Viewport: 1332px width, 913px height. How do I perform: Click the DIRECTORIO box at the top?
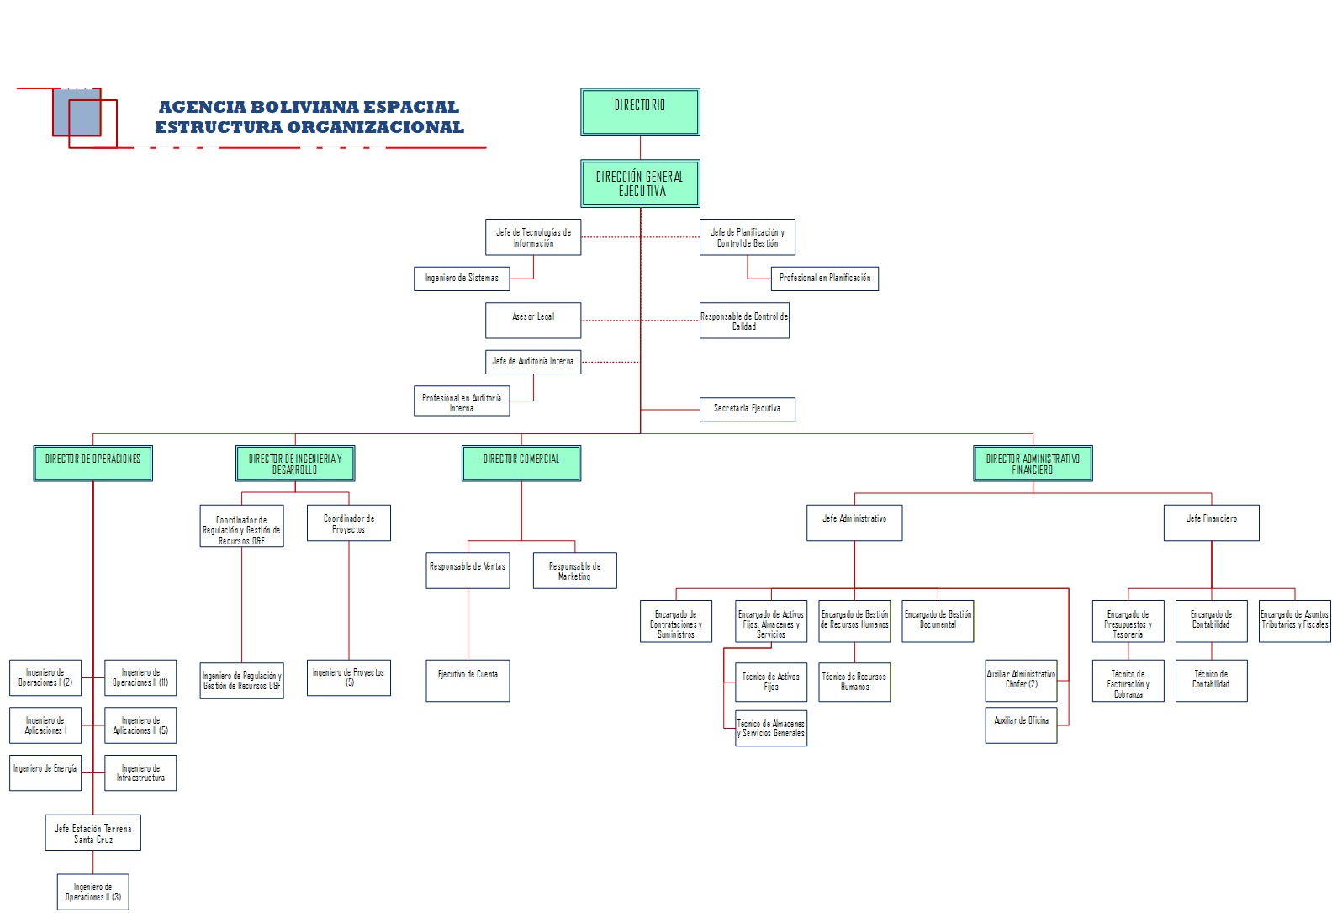640,112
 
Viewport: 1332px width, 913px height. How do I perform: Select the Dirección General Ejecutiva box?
640,183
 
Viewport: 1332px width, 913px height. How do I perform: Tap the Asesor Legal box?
533,321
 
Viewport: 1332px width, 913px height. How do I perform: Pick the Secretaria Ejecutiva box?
747,409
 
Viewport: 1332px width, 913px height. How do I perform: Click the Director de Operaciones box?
93,463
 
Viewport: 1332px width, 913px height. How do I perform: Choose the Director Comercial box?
521,463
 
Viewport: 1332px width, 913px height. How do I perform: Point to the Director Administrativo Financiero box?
1033,463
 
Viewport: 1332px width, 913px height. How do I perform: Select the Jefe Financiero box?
1211,523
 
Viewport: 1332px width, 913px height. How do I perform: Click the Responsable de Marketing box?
574,571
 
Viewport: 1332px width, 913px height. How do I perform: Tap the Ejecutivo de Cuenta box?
468,680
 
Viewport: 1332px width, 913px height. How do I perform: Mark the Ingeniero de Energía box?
45,772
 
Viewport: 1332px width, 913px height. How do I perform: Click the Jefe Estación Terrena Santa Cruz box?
93,832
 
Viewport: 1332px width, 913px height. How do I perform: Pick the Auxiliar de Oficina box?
1021,725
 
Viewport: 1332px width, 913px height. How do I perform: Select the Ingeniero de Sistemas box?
462,279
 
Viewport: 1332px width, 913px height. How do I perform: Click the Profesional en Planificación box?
824,279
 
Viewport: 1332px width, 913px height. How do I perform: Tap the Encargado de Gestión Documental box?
938,621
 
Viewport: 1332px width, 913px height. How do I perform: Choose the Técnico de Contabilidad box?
1211,680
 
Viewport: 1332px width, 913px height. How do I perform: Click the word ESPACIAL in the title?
412,107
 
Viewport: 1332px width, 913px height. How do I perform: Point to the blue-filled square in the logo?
77,112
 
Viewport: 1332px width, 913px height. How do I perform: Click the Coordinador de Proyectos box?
349,523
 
